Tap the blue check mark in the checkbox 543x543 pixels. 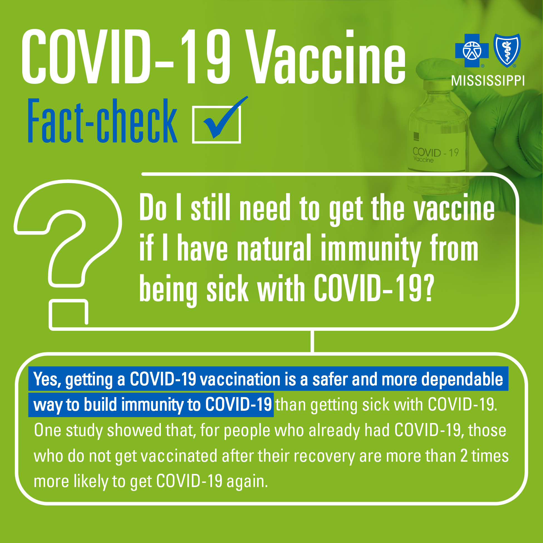coord(222,118)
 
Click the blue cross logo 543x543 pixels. coord(472,51)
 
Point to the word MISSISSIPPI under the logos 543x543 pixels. coord(488,81)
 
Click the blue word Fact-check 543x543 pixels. coord(103,121)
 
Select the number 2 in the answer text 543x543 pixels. coord(464,456)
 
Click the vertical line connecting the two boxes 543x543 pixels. coord(313,341)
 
